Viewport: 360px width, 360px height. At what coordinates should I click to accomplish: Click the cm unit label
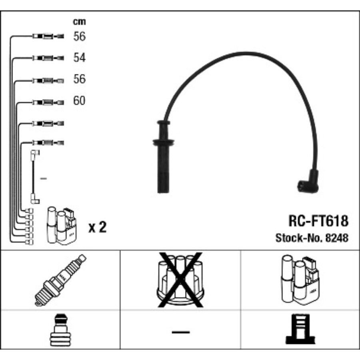[79, 22]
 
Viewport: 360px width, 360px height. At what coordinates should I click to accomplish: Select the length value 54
[79, 58]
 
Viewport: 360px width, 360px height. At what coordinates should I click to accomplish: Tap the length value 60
[79, 100]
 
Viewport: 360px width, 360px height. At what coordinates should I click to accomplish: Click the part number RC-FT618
[318, 221]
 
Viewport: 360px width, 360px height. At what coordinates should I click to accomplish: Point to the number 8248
[337, 238]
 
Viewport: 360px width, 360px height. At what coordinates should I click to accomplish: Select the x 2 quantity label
[97, 228]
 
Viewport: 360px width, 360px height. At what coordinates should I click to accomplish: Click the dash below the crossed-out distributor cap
[180, 332]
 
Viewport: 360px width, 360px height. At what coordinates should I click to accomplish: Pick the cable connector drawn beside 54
[47, 58]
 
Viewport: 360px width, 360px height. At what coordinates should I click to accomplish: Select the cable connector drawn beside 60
[47, 102]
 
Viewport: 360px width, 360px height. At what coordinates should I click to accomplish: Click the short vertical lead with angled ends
[34, 176]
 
